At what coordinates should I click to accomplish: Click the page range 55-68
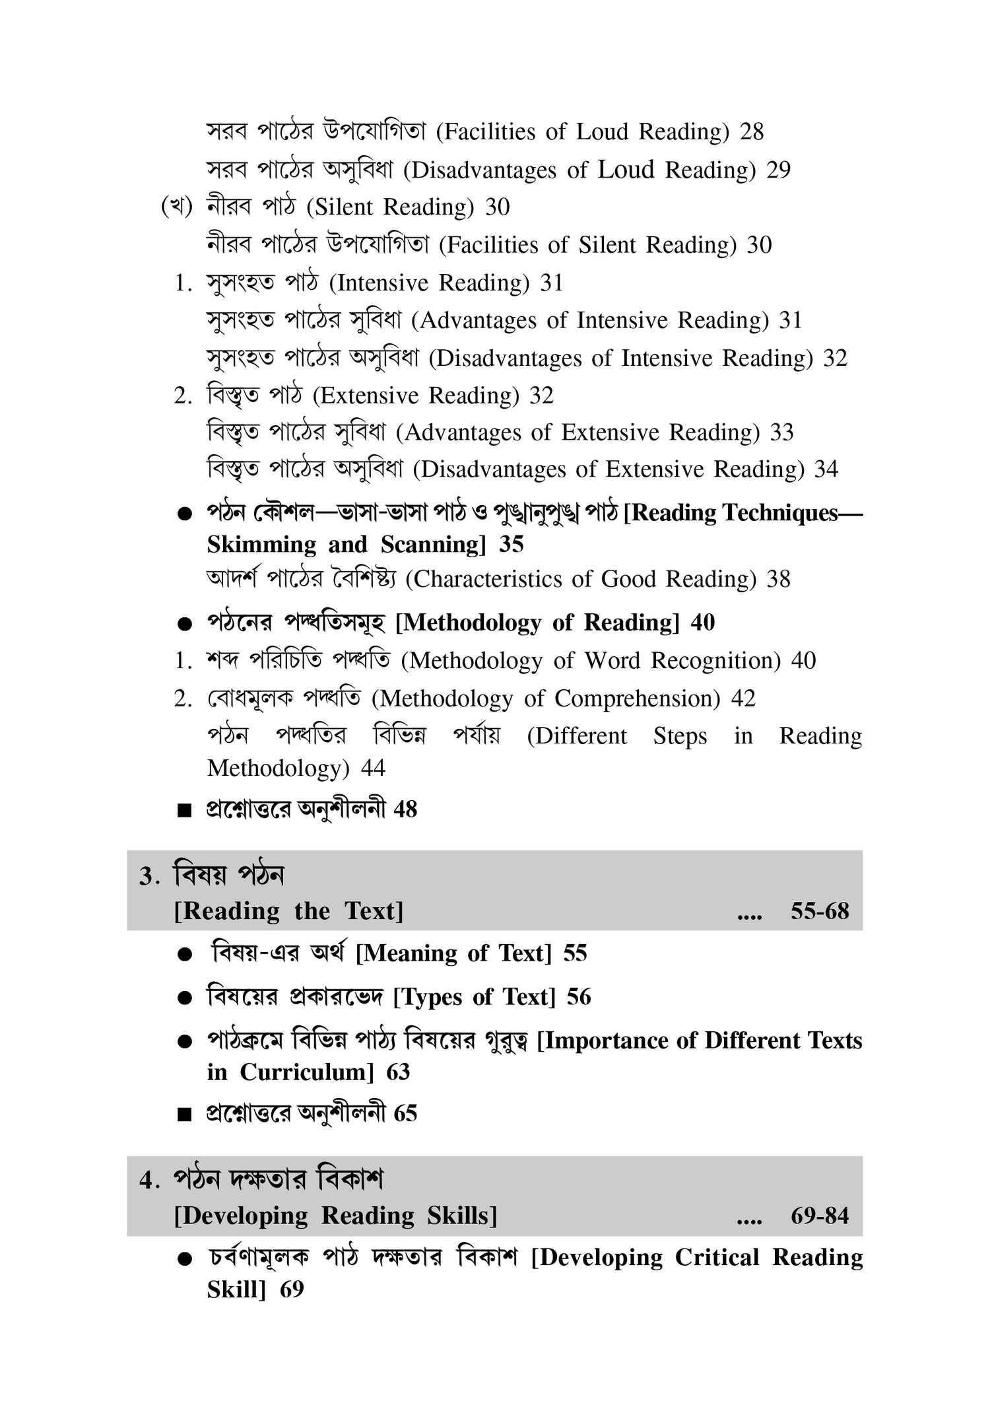[820, 912]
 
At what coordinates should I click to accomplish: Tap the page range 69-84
[820, 1216]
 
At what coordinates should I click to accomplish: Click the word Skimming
[261, 545]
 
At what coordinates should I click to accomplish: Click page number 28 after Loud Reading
[752, 132]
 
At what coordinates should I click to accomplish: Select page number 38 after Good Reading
[778, 580]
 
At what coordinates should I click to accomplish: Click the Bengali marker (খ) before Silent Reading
[176, 207]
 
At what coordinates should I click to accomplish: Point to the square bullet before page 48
[184, 811]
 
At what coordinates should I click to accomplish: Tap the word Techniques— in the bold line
[792, 513]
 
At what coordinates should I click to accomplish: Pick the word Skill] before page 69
[236, 1290]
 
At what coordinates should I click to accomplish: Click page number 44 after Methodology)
[373, 769]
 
